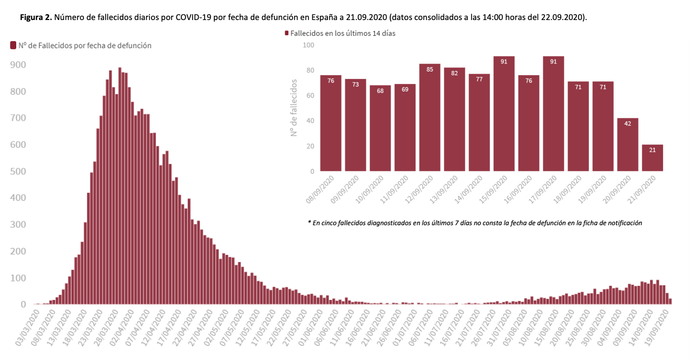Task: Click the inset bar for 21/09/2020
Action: pos(652,158)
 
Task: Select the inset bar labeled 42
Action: pos(627,145)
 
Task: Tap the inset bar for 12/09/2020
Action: pos(430,117)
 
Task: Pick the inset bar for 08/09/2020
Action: pos(331,123)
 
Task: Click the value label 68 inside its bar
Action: pos(380,90)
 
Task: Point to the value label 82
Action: pos(455,73)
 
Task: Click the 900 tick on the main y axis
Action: pos(18,65)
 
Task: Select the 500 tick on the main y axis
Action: pos(18,172)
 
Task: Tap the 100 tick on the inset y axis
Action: pos(309,45)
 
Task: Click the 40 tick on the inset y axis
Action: pos(310,121)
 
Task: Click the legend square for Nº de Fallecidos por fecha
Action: pos(13,45)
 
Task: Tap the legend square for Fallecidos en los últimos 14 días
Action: pos(287,34)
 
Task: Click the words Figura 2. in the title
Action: pos(36,17)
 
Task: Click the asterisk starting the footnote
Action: pos(309,222)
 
